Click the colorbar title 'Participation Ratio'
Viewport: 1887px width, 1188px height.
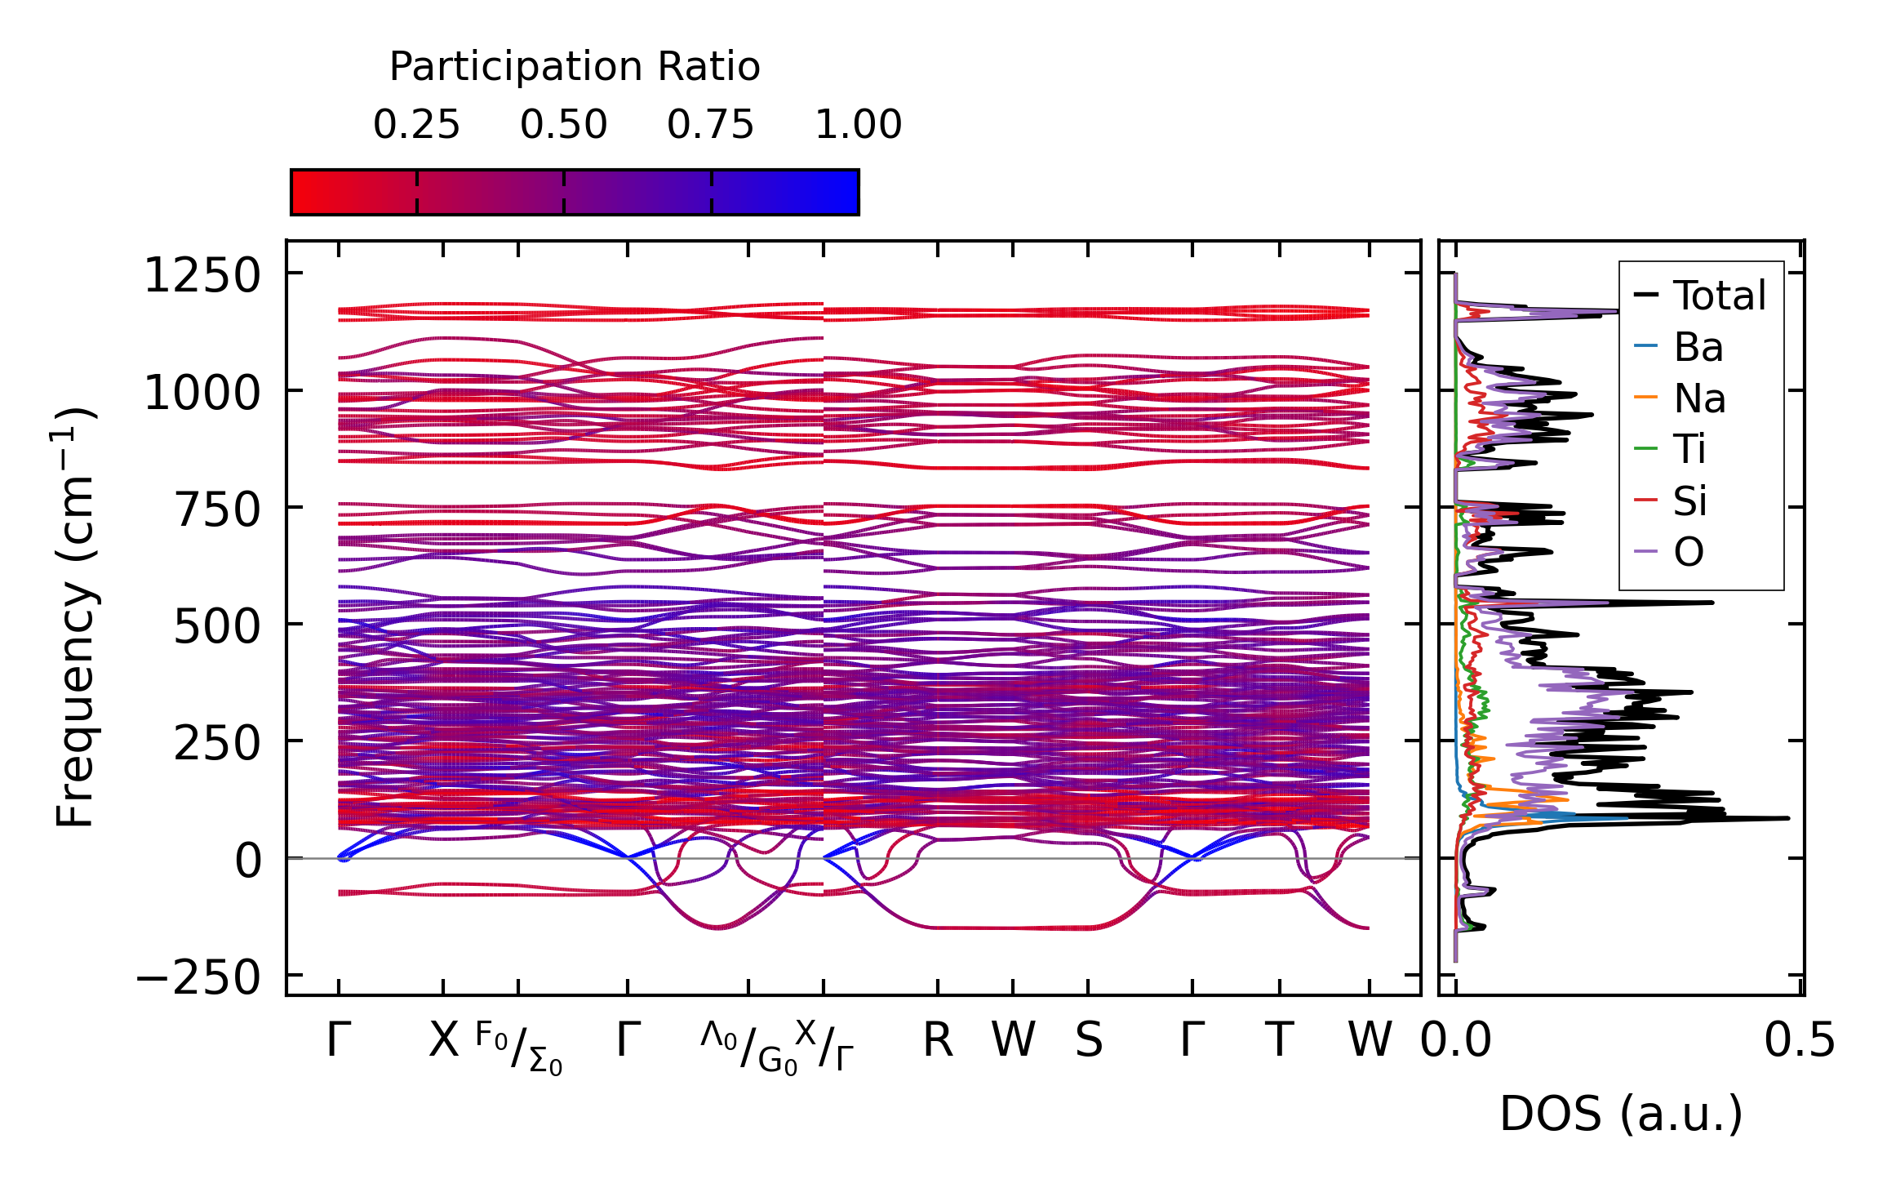point(575,67)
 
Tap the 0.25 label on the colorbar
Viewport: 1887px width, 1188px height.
point(416,126)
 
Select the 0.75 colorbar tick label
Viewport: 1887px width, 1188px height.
point(710,126)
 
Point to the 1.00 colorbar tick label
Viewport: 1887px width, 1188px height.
point(858,126)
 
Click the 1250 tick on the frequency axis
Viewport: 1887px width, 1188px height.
point(202,276)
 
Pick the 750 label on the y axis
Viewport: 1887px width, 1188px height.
point(217,510)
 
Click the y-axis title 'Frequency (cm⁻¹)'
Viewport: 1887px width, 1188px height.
point(75,618)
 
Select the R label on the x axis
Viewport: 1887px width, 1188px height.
point(938,1041)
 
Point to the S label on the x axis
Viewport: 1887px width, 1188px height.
point(1088,1041)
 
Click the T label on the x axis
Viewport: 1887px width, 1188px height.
point(1279,1041)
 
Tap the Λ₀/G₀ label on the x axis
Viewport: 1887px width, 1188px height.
point(748,1048)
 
